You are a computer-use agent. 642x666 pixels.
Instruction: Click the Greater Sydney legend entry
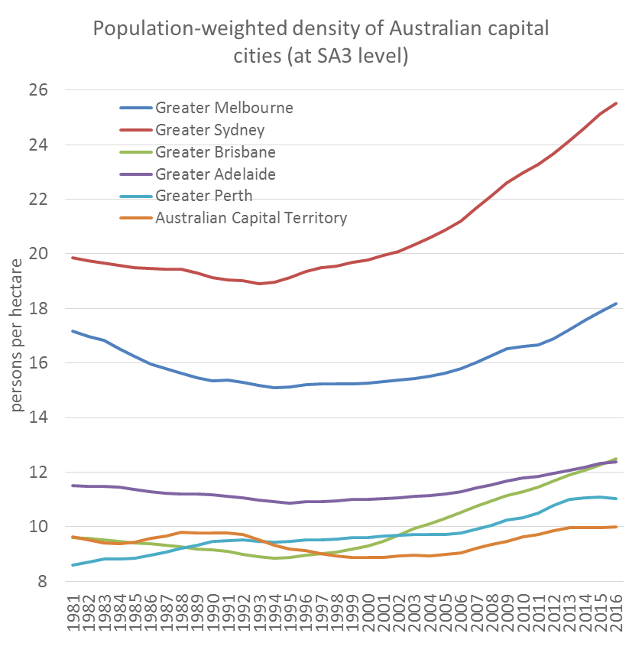coord(210,130)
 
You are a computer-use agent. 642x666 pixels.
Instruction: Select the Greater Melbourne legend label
coord(224,108)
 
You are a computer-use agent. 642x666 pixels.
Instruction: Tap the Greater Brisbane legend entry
coord(215,152)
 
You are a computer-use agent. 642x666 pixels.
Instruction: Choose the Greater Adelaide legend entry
coord(215,174)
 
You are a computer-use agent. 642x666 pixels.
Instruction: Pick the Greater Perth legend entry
coord(203,196)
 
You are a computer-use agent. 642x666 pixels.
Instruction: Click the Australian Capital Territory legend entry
coord(251,218)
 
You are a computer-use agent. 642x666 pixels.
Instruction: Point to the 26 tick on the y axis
coord(60,90)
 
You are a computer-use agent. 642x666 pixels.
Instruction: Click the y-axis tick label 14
coord(60,417)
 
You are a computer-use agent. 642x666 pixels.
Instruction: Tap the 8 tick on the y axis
coord(65,582)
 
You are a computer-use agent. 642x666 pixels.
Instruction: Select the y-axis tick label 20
coord(60,254)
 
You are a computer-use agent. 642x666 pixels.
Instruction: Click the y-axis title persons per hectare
coord(18,336)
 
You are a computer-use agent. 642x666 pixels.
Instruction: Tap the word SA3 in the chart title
coord(330,56)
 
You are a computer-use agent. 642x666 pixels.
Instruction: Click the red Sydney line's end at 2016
coord(616,103)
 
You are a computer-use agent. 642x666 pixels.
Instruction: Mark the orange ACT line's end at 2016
coord(616,527)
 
